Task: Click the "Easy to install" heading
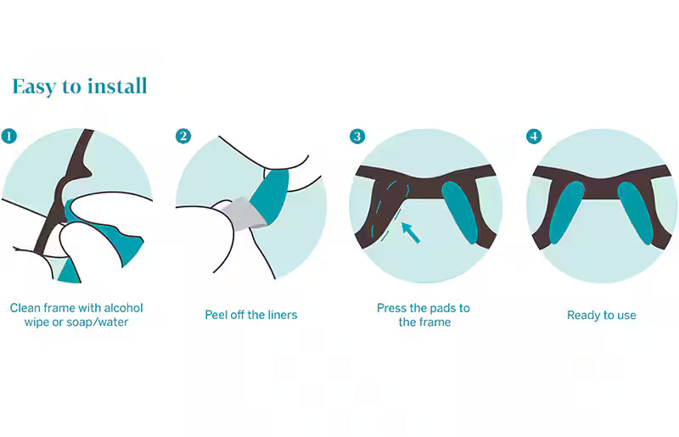pyautogui.click(x=80, y=87)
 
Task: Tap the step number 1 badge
pyautogui.click(x=9, y=136)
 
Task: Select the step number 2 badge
pyautogui.click(x=183, y=136)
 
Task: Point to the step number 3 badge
pyautogui.click(x=357, y=136)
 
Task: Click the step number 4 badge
pyautogui.click(x=534, y=136)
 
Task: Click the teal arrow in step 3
pyautogui.click(x=411, y=233)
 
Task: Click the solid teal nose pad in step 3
pyautogui.click(x=459, y=212)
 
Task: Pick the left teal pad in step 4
pyautogui.click(x=566, y=212)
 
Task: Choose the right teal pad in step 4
pyautogui.click(x=635, y=213)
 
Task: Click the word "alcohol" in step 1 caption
pyautogui.click(x=123, y=308)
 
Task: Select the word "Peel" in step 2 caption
pyautogui.click(x=216, y=315)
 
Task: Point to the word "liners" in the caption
pyautogui.click(x=282, y=315)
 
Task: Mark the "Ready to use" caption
pyautogui.click(x=602, y=316)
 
